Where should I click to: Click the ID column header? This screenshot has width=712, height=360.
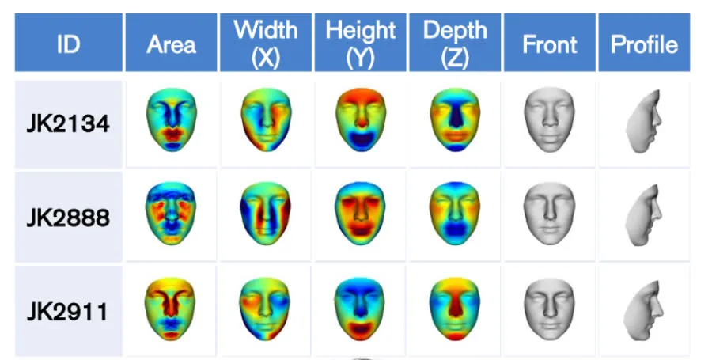pyautogui.click(x=68, y=44)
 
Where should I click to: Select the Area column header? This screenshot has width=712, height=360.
pyautogui.click(x=171, y=44)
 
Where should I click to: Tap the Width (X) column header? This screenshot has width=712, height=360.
pyautogui.click(x=266, y=44)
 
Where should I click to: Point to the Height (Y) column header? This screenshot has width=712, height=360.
pyautogui.click(x=361, y=44)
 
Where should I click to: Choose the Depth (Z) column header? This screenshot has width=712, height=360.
pyautogui.click(x=455, y=44)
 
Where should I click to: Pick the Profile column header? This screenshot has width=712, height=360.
pyautogui.click(x=644, y=44)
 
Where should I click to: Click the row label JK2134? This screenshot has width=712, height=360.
pyautogui.click(x=68, y=123)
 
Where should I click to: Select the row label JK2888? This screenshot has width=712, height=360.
pyautogui.click(x=68, y=217)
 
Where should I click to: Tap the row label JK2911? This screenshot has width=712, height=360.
pyautogui.click(x=68, y=310)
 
